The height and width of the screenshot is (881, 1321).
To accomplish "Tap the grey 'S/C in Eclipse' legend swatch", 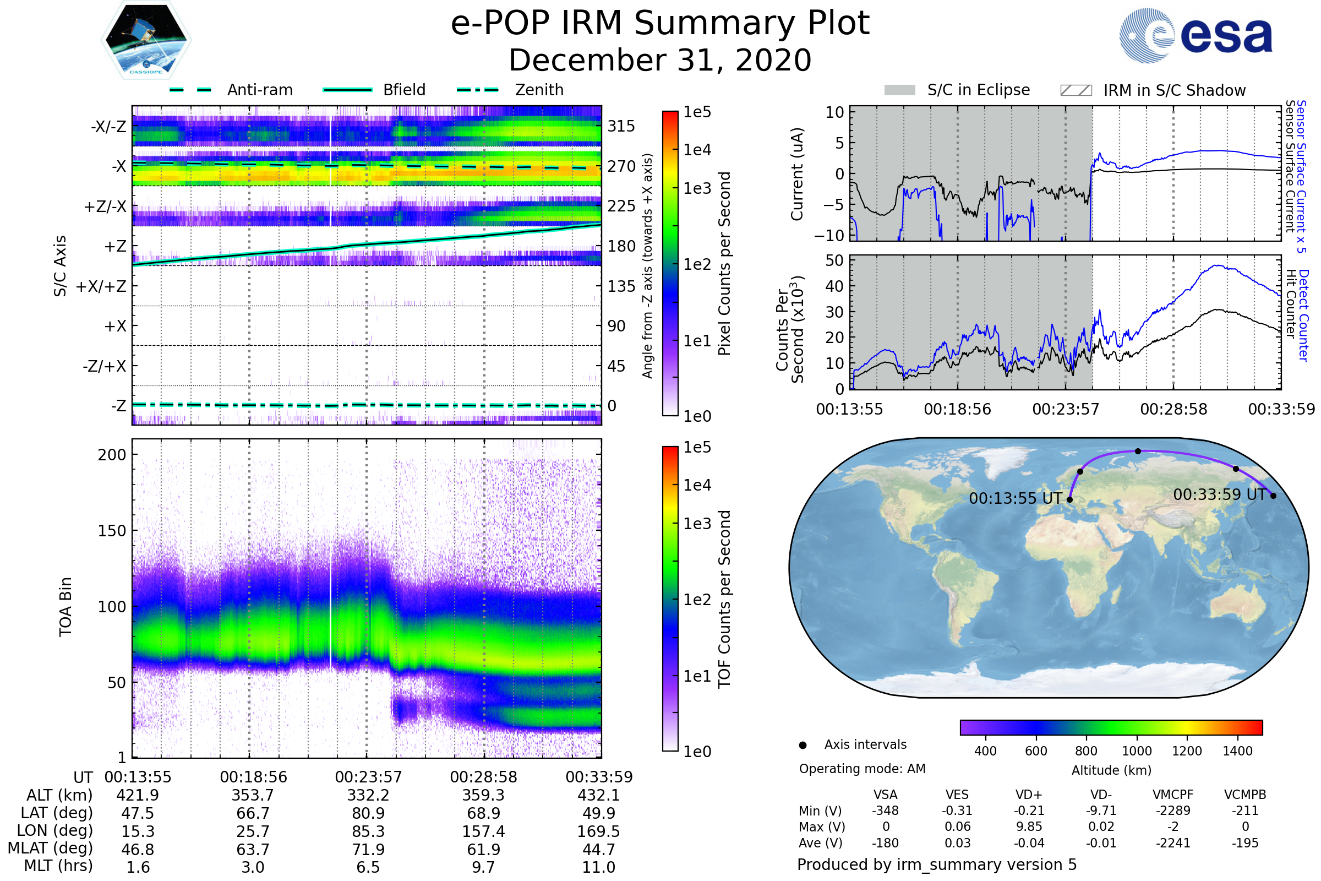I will click(x=899, y=90).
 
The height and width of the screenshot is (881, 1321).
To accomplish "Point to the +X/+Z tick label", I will click(x=101, y=286).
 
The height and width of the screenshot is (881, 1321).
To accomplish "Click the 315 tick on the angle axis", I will click(x=621, y=127).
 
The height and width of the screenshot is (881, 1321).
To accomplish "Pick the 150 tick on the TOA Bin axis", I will click(x=112, y=531).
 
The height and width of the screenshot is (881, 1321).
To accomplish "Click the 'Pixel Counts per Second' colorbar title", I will click(x=724, y=264).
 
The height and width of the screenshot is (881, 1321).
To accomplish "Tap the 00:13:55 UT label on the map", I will click(x=1015, y=498).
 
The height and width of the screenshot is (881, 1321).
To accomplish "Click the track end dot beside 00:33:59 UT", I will click(x=1273, y=496).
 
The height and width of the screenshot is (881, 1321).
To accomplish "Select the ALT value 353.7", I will click(x=253, y=796).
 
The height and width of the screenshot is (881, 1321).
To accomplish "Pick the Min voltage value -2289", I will click(x=1173, y=811).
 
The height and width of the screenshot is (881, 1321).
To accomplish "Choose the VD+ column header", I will click(x=1029, y=795).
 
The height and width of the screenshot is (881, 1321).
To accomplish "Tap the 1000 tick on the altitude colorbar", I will click(x=1137, y=751).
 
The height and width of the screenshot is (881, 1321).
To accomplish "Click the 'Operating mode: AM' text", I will click(x=862, y=769).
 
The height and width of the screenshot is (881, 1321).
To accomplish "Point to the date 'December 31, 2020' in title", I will click(x=660, y=61).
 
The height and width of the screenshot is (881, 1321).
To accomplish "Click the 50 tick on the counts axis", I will click(x=834, y=260).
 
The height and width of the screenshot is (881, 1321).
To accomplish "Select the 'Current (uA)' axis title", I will click(x=797, y=174).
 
